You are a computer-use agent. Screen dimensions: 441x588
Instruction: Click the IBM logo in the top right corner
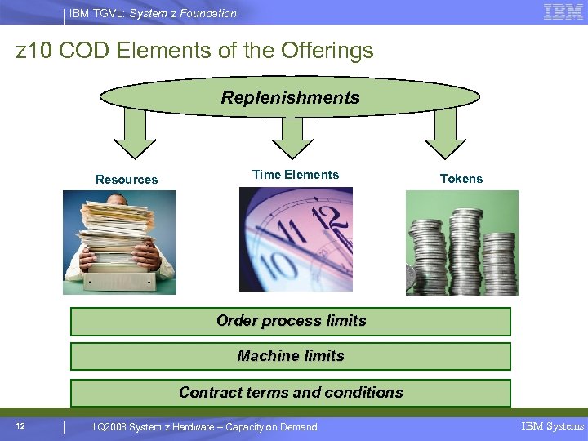pyautogui.click(x=563, y=11)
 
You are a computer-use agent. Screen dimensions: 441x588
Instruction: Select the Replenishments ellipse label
pyautogui.click(x=290, y=98)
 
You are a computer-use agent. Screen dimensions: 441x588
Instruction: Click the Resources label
pyautogui.click(x=127, y=180)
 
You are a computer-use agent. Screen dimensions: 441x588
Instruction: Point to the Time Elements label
pyautogui.click(x=296, y=175)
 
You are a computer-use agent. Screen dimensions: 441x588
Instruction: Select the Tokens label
pyautogui.click(x=461, y=179)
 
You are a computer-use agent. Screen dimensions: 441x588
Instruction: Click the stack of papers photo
pyautogui.click(x=119, y=242)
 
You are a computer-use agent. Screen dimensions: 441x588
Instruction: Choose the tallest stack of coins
pyautogui.click(x=466, y=245)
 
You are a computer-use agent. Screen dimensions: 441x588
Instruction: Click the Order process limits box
pyautogui.click(x=291, y=321)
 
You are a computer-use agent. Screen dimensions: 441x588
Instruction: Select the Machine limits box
pyautogui.click(x=291, y=356)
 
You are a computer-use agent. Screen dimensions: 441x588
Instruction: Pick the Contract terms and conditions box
pyautogui.click(x=291, y=393)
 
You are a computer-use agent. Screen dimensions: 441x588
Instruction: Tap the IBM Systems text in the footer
pyautogui.click(x=553, y=426)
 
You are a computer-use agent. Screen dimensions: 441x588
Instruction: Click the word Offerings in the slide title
pyautogui.click(x=327, y=51)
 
